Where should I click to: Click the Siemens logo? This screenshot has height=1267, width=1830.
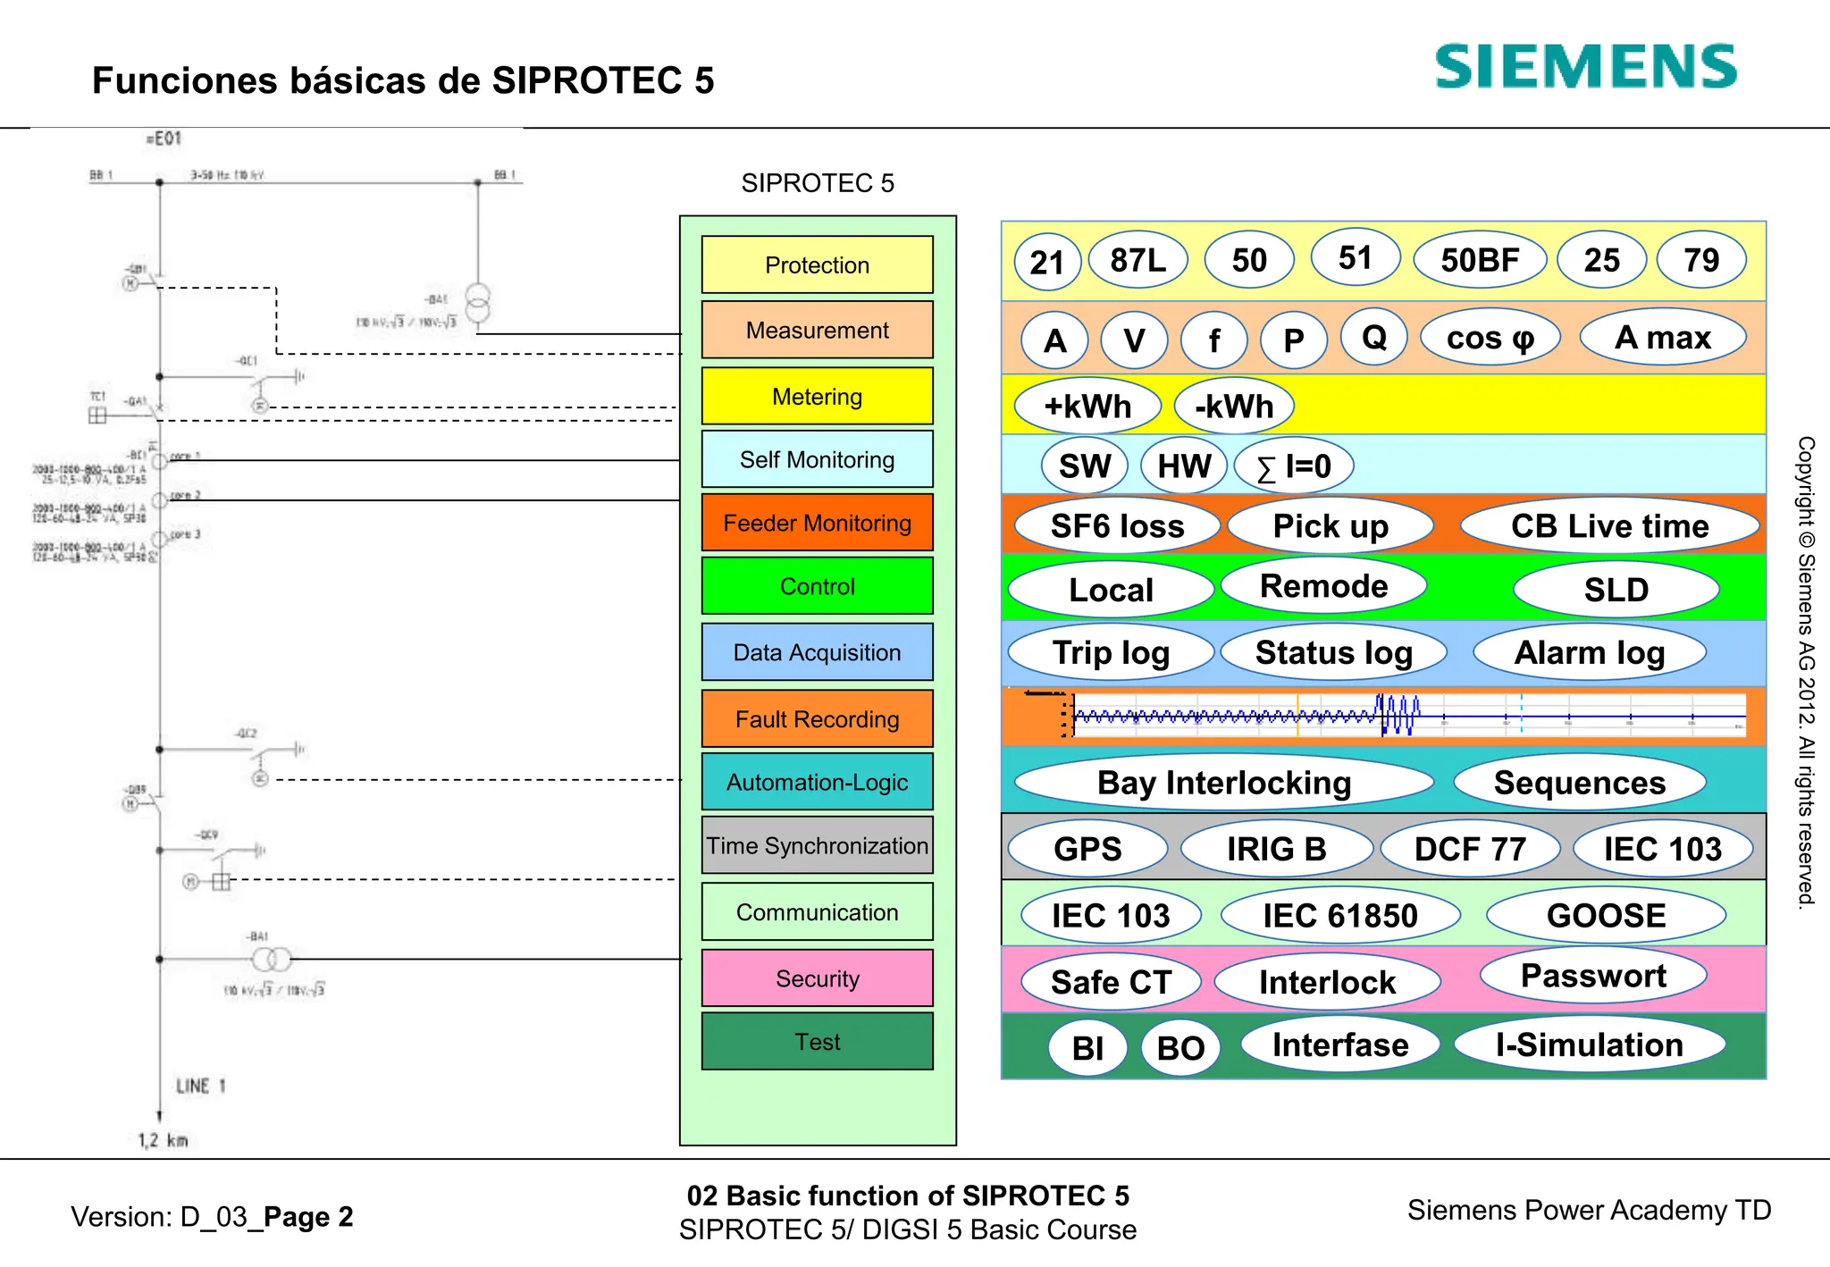click(x=1585, y=67)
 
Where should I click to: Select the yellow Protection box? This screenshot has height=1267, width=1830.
click(x=817, y=264)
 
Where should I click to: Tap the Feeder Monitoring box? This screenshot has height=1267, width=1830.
click(x=817, y=523)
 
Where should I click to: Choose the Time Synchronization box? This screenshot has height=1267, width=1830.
click(x=817, y=845)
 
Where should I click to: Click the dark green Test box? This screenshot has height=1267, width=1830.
click(x=817, y=1042)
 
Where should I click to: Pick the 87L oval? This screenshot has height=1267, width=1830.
click(x=1137, y=260)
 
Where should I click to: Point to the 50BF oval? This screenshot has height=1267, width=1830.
click(x=1480, y=260)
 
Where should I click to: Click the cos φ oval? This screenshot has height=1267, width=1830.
click(x=1490, y=338)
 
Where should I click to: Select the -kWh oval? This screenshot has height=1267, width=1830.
click(x=1234, y=407)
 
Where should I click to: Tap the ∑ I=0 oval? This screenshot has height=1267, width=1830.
click(x=1294, y=466)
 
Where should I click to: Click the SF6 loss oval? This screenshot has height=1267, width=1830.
click(x=1117, y=526)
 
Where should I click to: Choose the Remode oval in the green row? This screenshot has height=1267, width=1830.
click(x=1323, y=586)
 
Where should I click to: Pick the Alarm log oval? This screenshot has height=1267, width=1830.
click(x=1589, y=653)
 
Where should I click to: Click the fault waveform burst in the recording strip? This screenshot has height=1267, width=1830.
click(x=1398, y=715)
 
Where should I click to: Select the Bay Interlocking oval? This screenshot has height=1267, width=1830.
click(x=1223, y=783)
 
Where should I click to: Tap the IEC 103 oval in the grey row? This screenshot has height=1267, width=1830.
click(x=1662, y=849)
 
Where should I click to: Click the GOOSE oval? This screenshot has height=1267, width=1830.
click(x=1606, y=916)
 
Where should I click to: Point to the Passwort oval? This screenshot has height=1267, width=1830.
click(x=1593, y=976)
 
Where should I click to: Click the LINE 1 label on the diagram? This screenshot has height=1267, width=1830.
click(x=200, y=1086)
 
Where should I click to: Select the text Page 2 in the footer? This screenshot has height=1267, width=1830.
click(x=308, y=1217)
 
